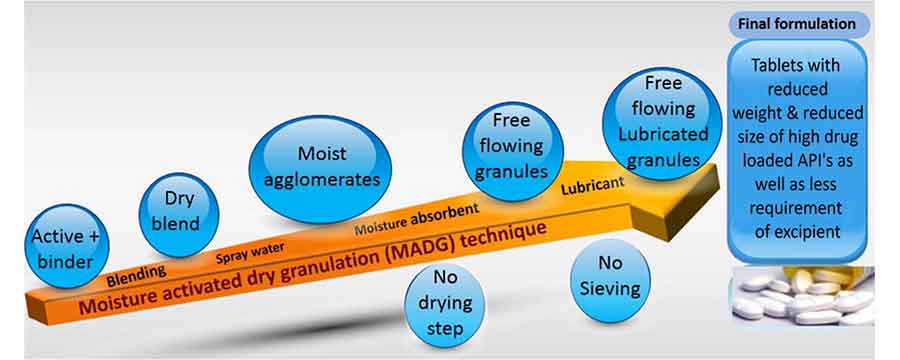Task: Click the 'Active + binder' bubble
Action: coord(67,246)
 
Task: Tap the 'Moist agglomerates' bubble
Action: coord(320,169)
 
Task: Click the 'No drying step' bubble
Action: coord(445,303)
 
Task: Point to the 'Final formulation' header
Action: coord(797,25)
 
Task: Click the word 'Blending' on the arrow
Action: coord(136,276)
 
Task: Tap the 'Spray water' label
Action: coord(250,252)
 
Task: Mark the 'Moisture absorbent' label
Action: coord(416,219)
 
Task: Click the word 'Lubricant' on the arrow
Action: coord(592,187)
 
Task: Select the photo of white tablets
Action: coord(802,296)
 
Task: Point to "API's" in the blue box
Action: coord(817,161)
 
